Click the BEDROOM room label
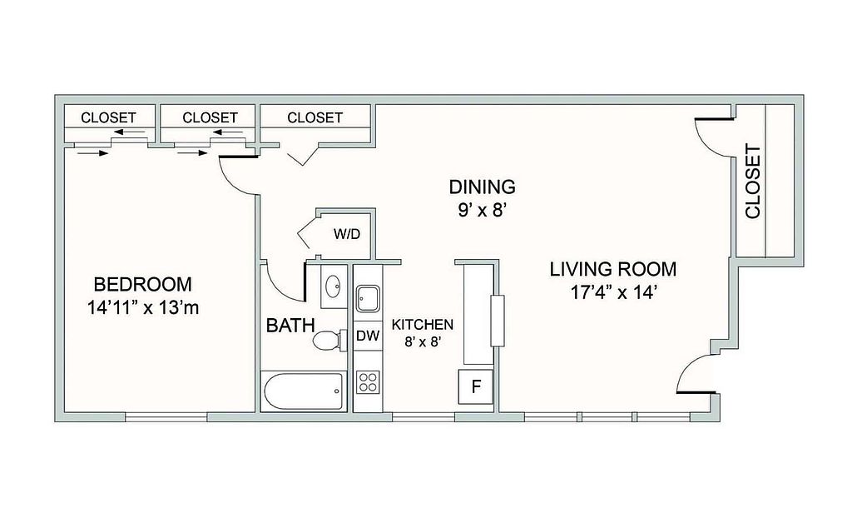coord(142,284)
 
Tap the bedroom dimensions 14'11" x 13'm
coord(143,308)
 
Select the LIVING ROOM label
coord(613,269)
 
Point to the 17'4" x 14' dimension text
coord(614,293)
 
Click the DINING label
coord(482,187)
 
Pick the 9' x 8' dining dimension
coord(483,210)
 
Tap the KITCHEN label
coord(422,325)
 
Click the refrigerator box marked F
coord(475,386)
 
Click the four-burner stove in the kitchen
coord(367,381)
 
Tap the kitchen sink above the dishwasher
coord(368,298)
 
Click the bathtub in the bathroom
coord(304,391)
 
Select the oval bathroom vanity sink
coord(332,285)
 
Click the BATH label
coord(290,326)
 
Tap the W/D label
coord(347,234)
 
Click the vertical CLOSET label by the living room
coord(753,181)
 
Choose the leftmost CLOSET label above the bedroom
coord(108,117)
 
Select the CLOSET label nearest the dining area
coord(315,117)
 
